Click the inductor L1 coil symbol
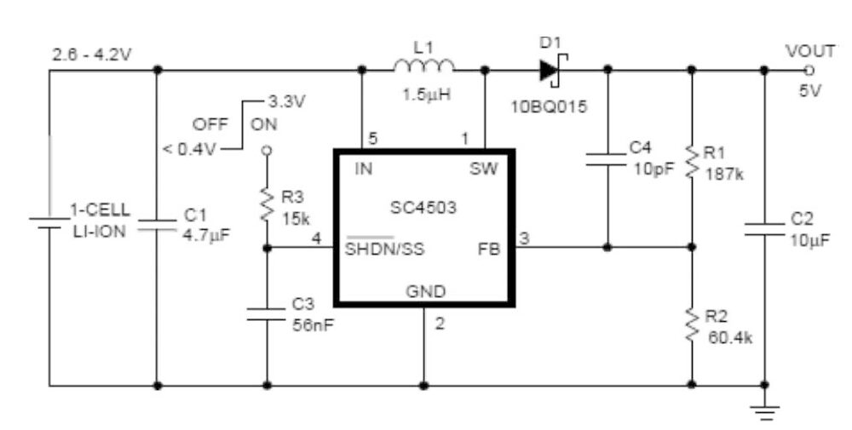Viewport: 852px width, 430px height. tap(423, 66)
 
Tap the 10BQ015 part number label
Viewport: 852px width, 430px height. tap(549, 106)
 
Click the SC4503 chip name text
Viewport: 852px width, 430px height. tap(423, 208)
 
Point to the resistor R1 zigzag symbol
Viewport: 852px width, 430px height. tap(691, 161)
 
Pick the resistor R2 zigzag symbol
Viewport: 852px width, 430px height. tap(691, 324)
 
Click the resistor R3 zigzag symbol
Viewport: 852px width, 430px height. tap(266, 204)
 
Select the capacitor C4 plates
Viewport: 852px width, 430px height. tap(607, 158)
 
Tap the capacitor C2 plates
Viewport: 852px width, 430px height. tap(764, 229)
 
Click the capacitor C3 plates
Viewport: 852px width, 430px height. tap(266, 314)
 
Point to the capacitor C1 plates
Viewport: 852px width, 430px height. tap(157, 226)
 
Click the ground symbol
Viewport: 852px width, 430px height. tap(764, 413)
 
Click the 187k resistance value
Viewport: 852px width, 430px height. tap(724, 174)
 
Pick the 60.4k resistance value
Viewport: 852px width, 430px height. tap(730, 338)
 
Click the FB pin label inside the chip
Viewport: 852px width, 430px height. tap(489, 249)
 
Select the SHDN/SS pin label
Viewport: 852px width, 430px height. tap(385, 248)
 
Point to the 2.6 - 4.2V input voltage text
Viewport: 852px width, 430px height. tap(91, 54)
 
